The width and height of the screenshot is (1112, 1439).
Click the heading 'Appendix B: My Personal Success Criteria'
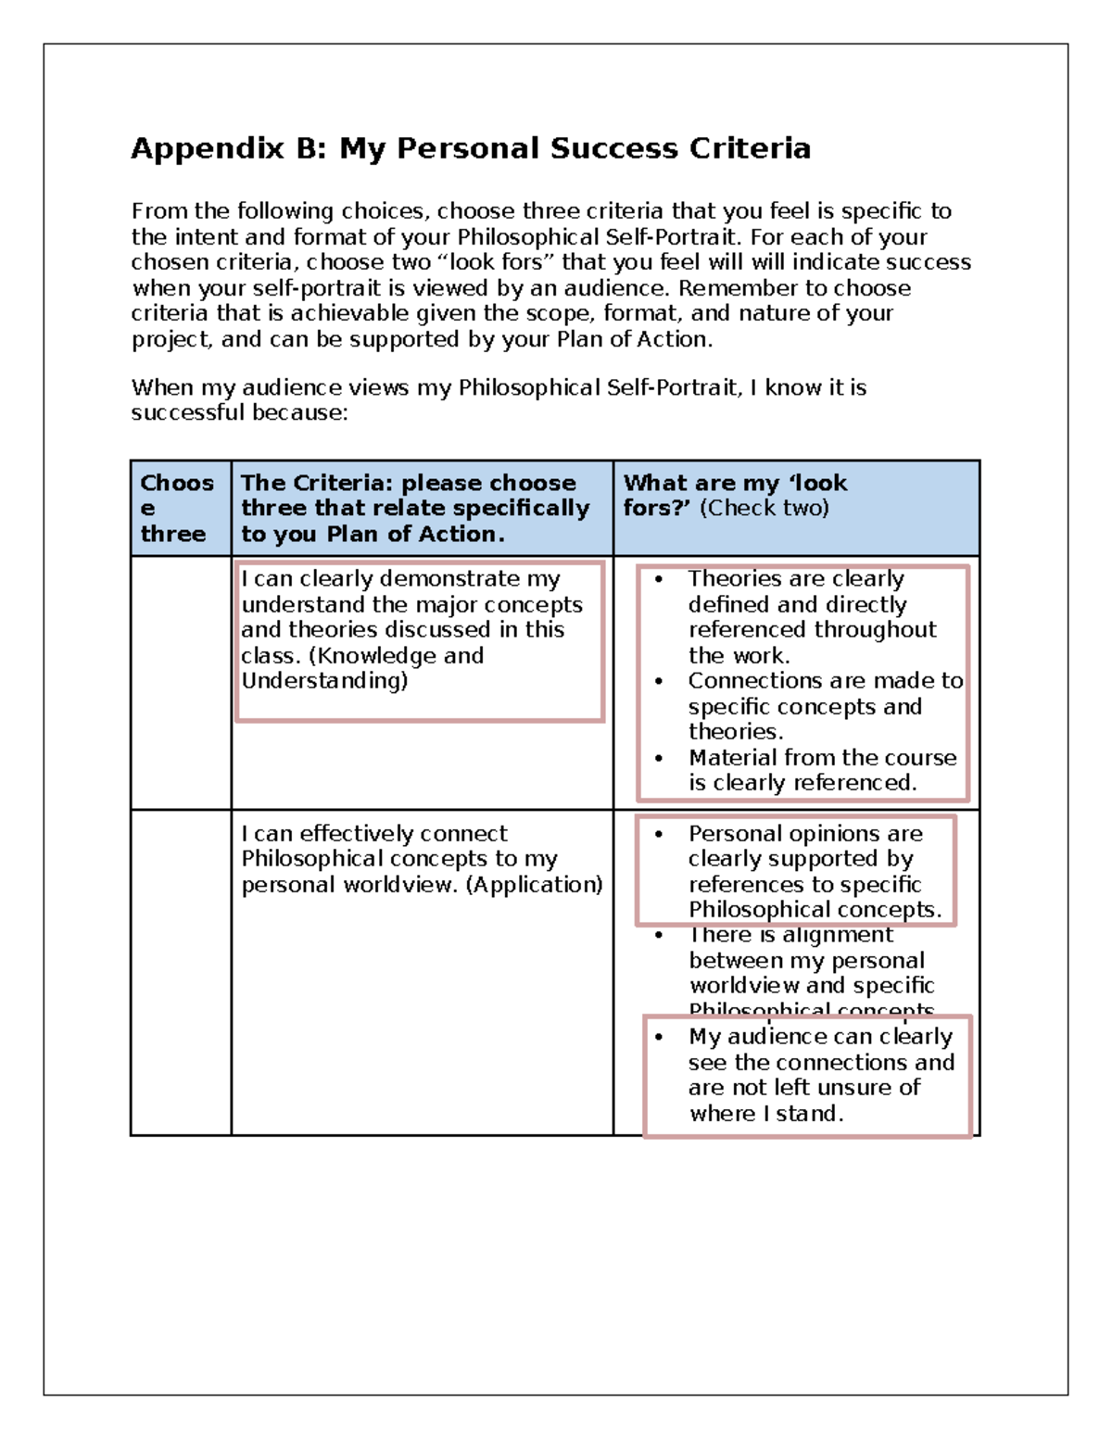tap(471, 148)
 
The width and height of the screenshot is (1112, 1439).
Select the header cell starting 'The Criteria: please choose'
tap(415, 508)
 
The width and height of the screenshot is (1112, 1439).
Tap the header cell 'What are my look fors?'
tap(735, 495)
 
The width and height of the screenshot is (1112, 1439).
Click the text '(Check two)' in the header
tap(764, 508)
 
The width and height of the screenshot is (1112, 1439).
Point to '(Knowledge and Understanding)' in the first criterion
tap(361, 668)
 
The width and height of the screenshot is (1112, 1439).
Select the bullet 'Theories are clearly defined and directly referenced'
tap(811, 616)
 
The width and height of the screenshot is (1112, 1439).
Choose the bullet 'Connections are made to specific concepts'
tap(825, 706)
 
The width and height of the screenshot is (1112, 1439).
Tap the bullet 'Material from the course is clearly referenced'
tap(821, 770)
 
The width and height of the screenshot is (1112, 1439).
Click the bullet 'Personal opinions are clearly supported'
tap(814, 871)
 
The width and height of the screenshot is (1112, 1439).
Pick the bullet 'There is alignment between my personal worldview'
tap(811, 972)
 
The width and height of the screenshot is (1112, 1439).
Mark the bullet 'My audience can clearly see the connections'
tap(820, 1075)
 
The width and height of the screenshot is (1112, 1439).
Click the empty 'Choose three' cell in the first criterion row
tap(181, 682)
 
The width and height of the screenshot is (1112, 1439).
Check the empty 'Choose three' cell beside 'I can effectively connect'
tap(181, 972)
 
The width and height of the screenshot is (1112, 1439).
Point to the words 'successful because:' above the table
tap(239, 413)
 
